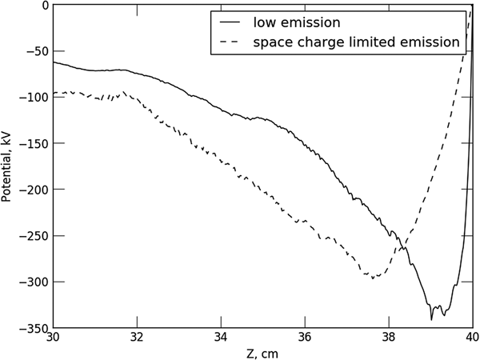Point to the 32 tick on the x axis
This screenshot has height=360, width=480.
(138, 337)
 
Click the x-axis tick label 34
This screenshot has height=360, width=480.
(222, 337)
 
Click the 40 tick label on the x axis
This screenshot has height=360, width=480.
(471, 337)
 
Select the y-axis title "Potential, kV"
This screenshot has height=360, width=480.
(7, 166)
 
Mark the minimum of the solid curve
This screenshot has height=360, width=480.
(431, 319)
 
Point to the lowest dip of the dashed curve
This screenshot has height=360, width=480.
(373, 278)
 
